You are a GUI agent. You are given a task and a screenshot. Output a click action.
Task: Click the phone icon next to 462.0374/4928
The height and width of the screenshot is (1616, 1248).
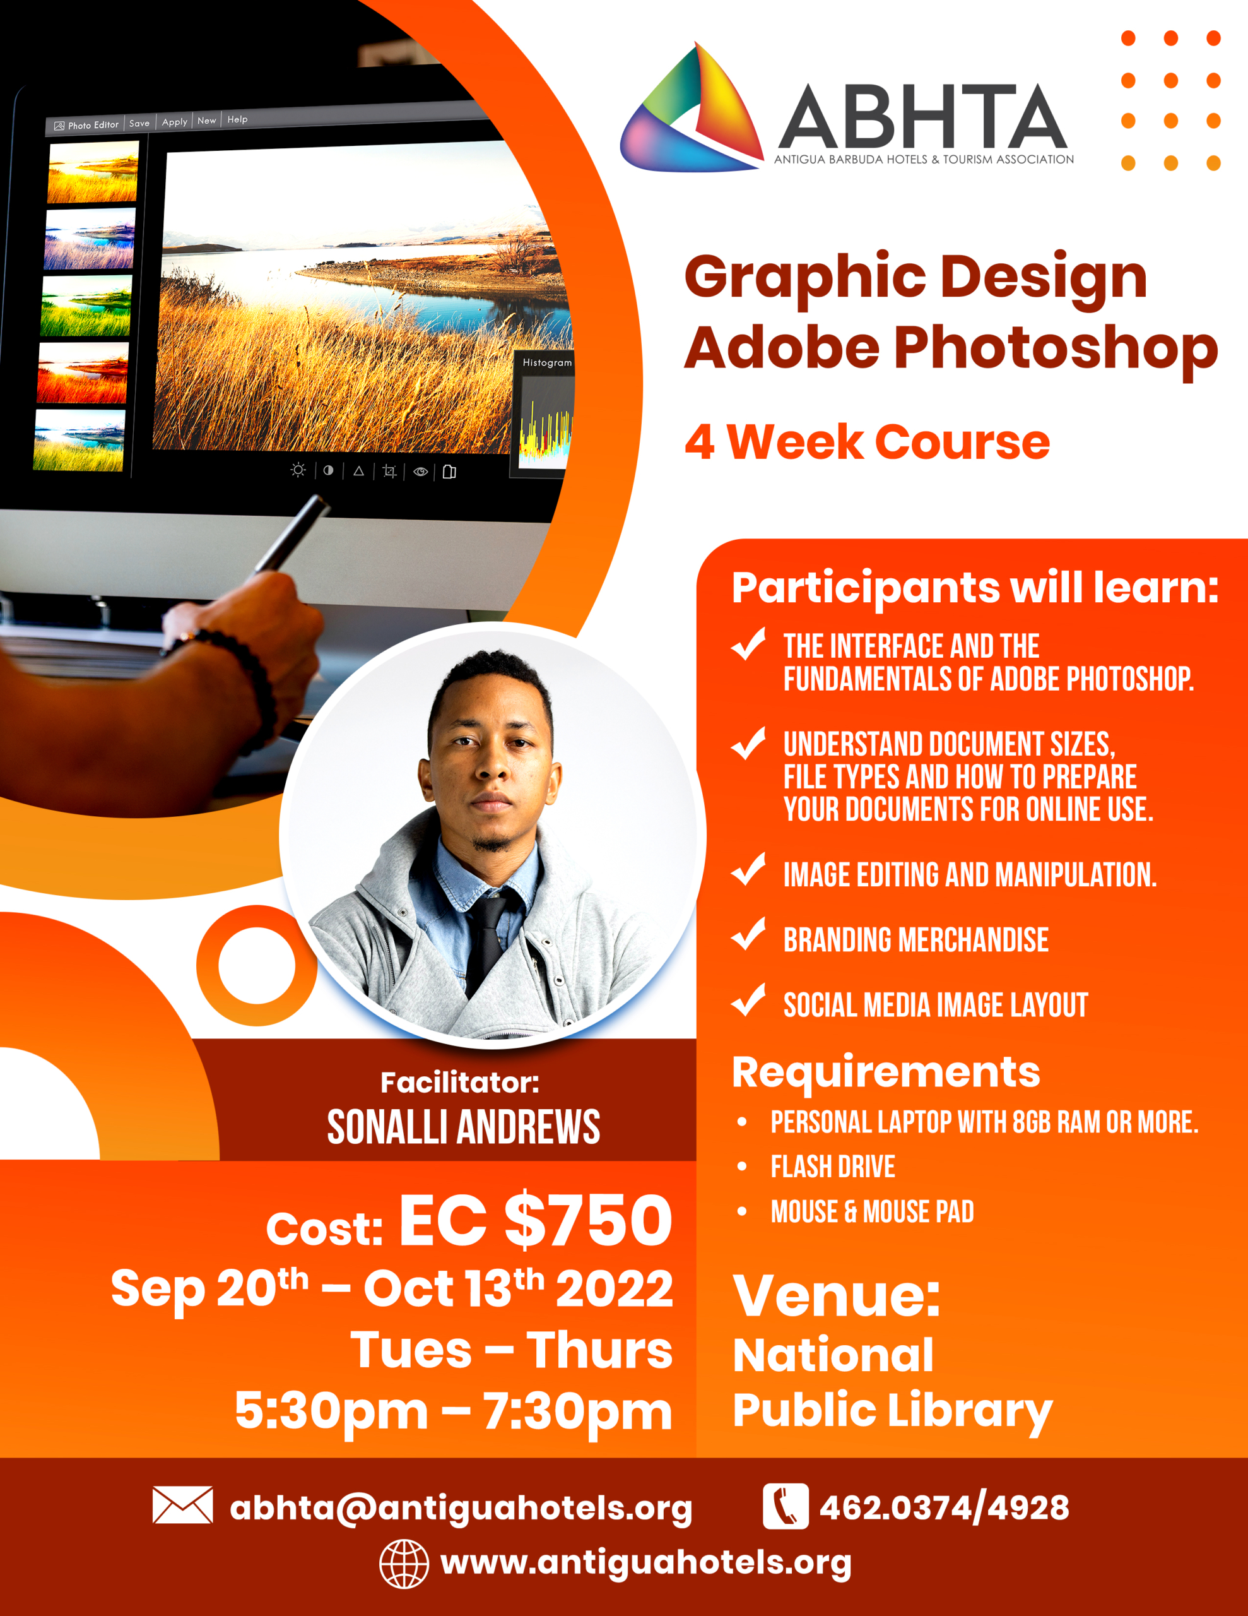pos(786,1506)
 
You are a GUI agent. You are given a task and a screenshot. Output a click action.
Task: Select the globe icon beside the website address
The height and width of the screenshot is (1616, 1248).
pos(404,1564)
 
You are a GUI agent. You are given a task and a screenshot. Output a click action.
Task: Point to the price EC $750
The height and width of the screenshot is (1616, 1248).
pos(536,1220)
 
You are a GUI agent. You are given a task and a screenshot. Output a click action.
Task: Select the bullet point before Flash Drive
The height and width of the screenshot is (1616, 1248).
pos(742,1167)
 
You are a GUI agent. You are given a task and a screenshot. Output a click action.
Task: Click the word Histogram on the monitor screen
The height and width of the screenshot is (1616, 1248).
pos(548,362)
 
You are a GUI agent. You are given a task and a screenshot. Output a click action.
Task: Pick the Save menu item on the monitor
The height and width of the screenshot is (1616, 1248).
pos(139,124)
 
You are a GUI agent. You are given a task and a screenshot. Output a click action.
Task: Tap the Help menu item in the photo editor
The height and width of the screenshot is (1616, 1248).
pos(237,119)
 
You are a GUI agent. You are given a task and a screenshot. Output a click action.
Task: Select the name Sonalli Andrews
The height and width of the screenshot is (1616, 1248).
pos(464,1127)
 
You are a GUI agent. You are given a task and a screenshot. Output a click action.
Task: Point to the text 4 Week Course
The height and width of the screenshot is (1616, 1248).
pos(867,442)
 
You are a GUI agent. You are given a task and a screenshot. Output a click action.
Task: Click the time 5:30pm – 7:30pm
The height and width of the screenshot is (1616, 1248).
pos(454,1411)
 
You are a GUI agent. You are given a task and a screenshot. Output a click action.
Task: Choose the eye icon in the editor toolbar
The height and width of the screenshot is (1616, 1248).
pos(421,472)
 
